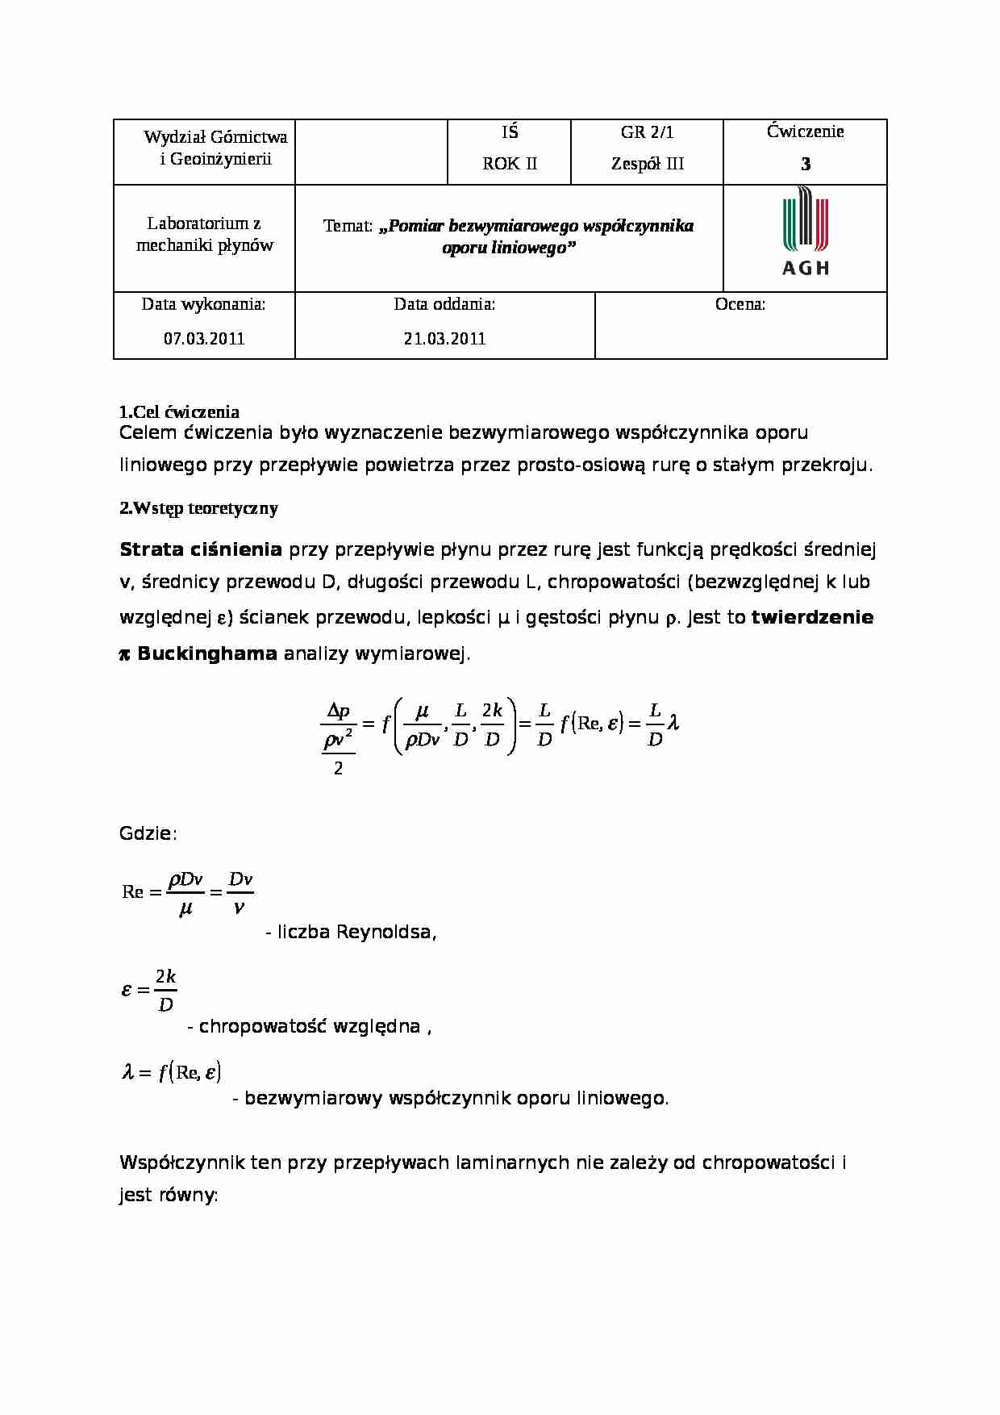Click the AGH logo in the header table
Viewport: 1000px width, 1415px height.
point(805,232)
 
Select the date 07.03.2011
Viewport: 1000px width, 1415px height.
point(204,339)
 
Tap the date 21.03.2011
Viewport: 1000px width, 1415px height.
point(444,339)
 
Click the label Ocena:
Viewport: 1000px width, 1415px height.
point(740,305)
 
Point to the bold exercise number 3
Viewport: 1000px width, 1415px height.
point(805,165)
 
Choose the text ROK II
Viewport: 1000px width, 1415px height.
point(509,164)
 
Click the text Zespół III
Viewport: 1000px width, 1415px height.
point(647,164)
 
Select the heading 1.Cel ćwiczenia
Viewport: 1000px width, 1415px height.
point(179,412)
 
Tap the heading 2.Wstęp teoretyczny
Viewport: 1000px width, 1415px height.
point(198,508)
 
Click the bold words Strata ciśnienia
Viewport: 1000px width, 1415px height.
point(200,550)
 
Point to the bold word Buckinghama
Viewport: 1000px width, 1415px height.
point(207,653)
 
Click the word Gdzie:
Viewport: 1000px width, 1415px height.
point(148,834)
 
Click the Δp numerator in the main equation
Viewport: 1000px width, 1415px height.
point(338,712)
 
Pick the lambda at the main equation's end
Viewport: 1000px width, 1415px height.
point(673,723)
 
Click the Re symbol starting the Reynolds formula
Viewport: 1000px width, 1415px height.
point(132,892)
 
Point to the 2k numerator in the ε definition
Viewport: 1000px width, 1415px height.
point(165,977)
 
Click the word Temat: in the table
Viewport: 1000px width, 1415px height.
point(348,227)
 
